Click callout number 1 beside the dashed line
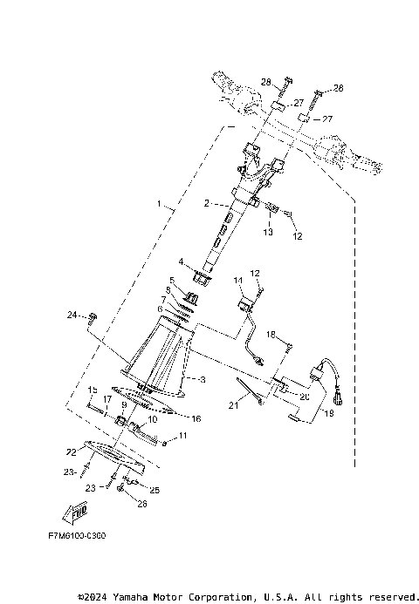[x=158, y=206]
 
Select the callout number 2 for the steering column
[x=206, y=203]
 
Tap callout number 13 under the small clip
[x=269, y=234]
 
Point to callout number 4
[x=182, y=261]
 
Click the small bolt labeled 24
[x=94, y=315]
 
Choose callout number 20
[x=305, y=397]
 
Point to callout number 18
[x=271, y=335]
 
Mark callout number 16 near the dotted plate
[x=196, y=419]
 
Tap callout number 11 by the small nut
[x=183, y=435]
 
